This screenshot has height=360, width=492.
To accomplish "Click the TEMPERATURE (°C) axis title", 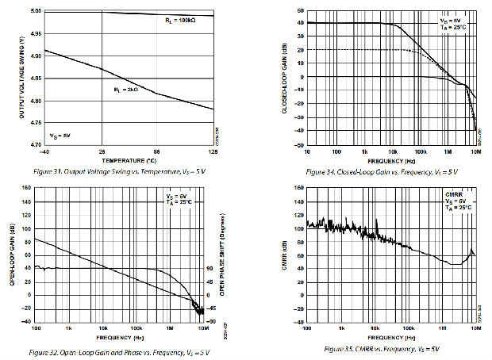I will click(123, 159).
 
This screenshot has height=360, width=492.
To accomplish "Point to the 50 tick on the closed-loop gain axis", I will click(300, 10).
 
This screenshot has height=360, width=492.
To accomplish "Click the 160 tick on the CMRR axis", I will click(298, 188).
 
